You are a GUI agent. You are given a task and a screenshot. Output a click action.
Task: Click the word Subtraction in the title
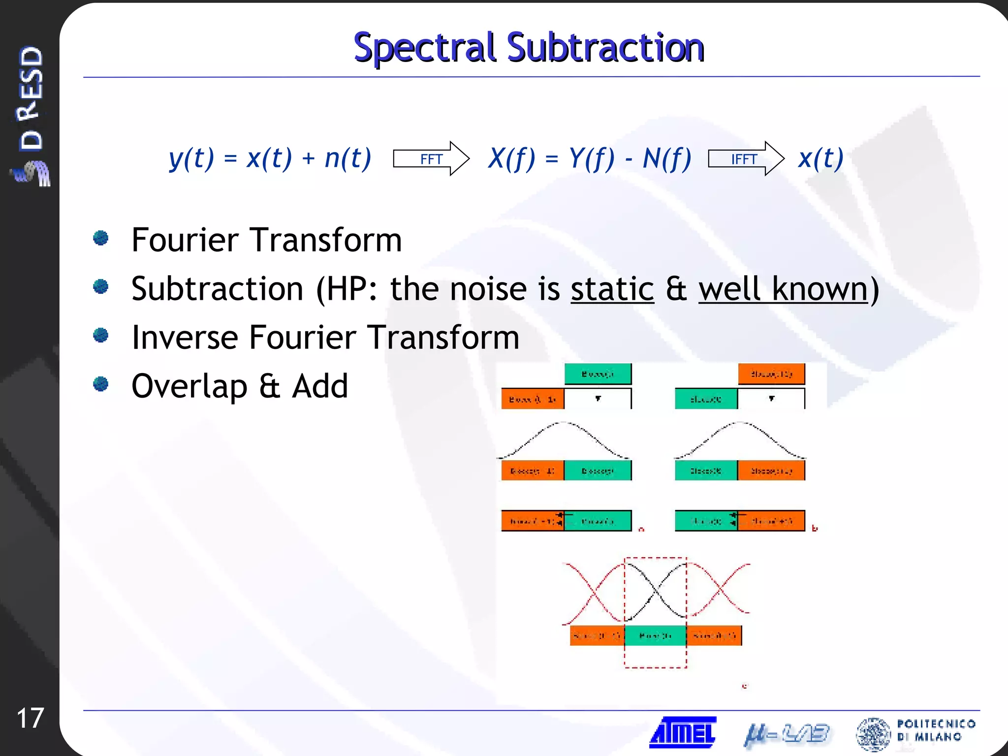click(605, 48)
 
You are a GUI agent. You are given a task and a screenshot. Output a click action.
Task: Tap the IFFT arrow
click(745, 158)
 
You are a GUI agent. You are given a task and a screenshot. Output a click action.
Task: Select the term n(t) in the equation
click(347, 158)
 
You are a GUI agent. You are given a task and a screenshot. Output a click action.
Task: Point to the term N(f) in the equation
click(667, 158)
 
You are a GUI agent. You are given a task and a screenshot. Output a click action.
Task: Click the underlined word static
click(612, 289)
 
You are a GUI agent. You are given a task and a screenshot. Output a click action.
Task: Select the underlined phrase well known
click(783, 289)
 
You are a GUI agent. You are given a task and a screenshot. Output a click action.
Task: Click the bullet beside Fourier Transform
click(101, 238)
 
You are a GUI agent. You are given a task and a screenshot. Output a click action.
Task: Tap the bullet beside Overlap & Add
click(101, 384)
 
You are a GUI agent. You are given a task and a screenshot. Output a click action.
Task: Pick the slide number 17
click(31, 718)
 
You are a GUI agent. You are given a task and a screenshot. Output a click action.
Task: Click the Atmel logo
click(683, 732)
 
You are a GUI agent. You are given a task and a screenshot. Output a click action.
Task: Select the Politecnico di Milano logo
click(915, 733)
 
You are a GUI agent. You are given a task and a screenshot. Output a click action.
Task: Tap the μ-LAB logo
click(787, 734)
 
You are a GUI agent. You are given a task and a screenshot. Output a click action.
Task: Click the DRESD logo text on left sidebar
click(31, 98)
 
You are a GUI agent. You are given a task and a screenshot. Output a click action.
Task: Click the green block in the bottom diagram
click(655, 635)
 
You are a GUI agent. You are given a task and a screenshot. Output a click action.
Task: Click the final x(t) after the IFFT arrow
click(821, 158)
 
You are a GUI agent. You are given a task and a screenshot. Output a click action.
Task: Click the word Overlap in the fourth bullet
click(189, 386)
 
